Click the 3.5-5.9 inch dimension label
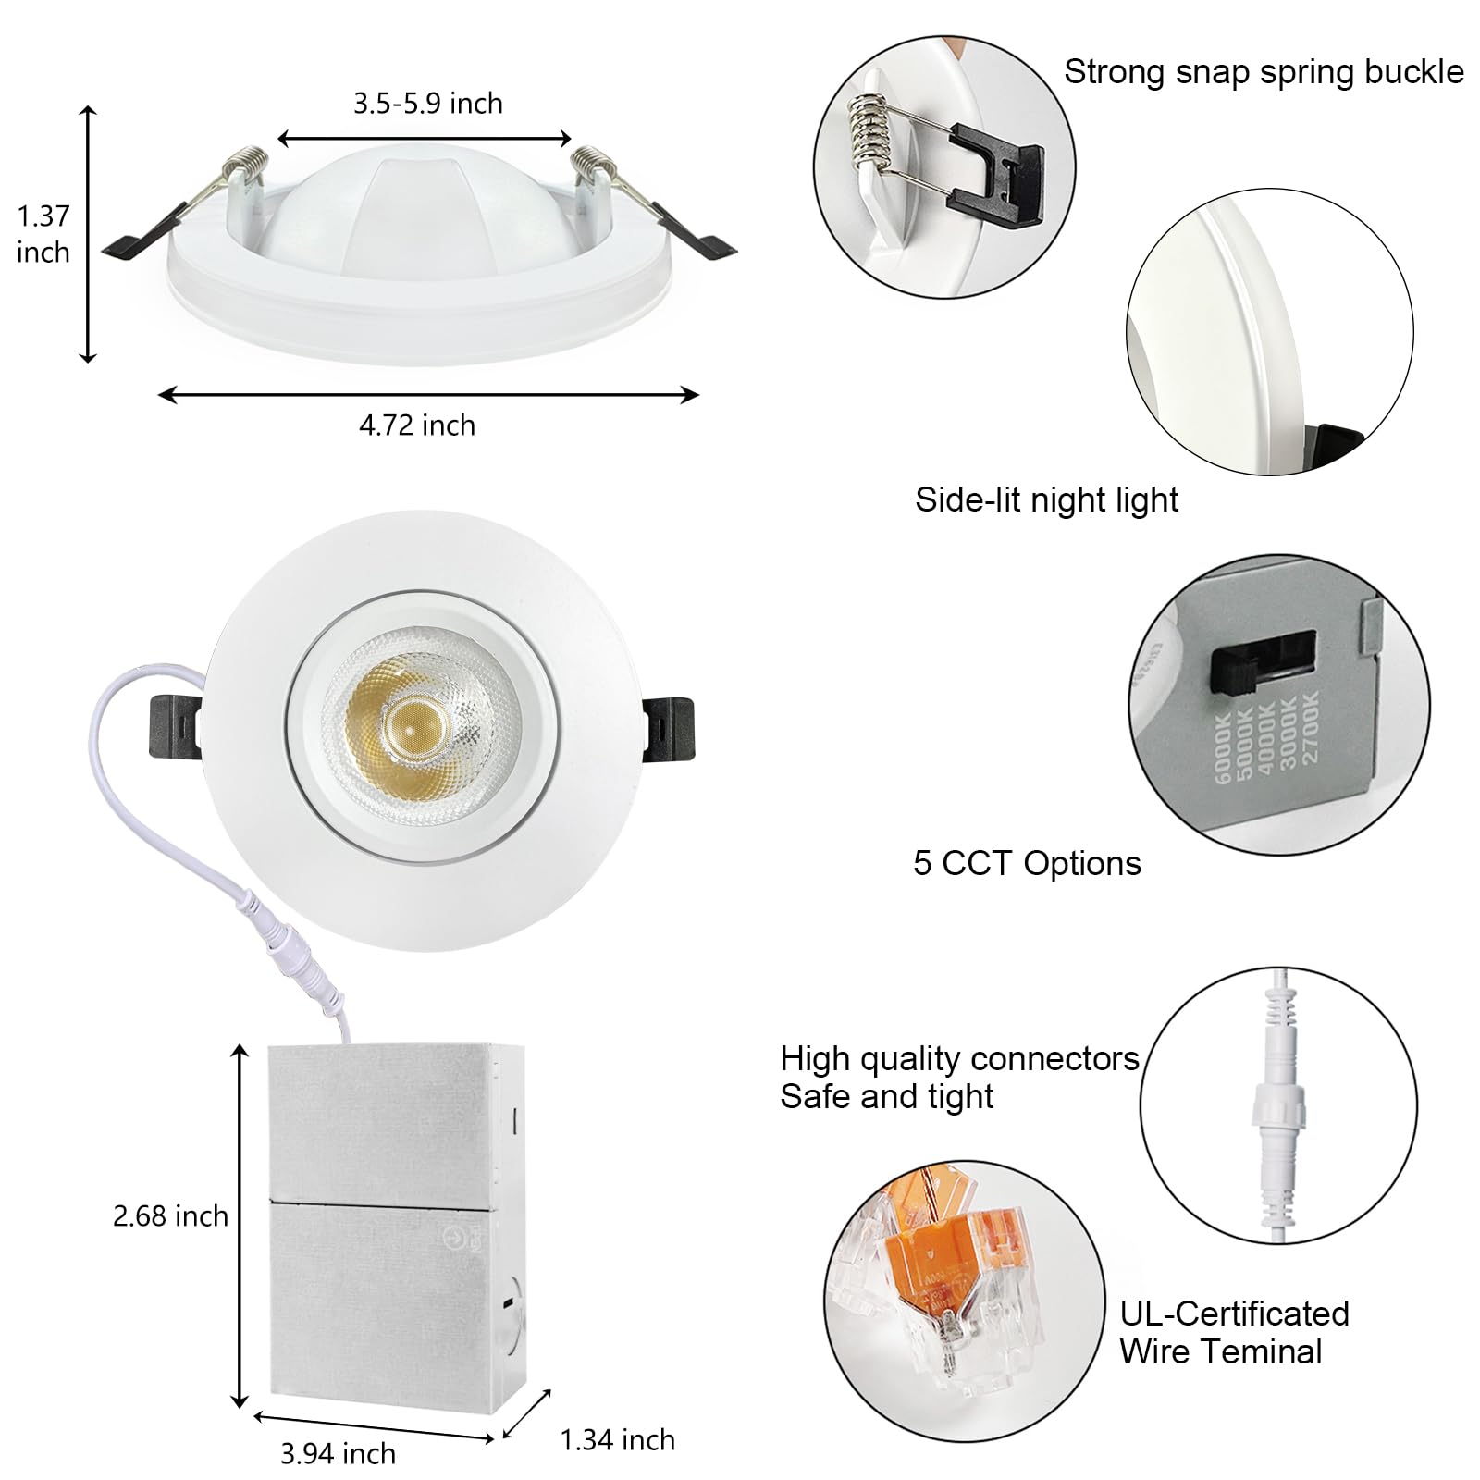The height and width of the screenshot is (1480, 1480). [x=427, y=103]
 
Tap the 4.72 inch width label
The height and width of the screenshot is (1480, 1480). [x=417, y=425]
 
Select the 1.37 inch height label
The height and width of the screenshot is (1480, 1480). [x=43, y=234]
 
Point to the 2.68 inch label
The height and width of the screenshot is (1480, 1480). [x=170, y=1215]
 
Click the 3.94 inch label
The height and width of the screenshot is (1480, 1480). [x=338, y=1453]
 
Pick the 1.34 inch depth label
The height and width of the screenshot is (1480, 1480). [x=618, y=1439]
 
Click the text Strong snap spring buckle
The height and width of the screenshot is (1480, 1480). [x=1264, y=72]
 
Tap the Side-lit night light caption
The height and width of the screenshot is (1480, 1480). [x=1046, y=499]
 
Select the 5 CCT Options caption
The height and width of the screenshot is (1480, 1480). [x=1027, y=863]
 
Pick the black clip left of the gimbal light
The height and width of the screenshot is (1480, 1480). [x=175, y=726]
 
